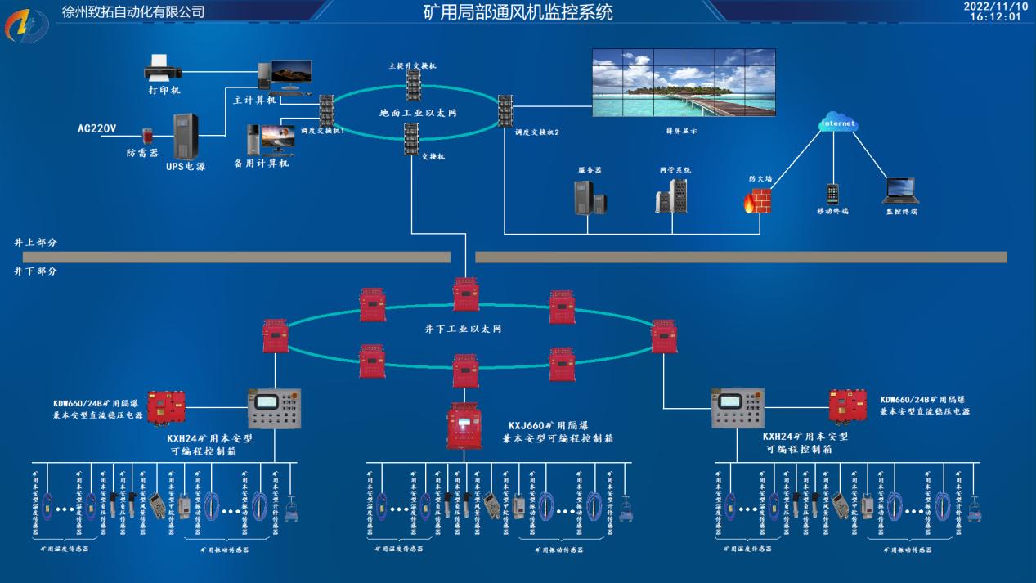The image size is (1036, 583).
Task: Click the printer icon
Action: (158, 67)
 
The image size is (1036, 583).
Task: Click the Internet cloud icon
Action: (838, 123)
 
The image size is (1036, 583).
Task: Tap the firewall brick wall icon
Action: (757, 200)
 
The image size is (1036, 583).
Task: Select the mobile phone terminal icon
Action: (832, 194)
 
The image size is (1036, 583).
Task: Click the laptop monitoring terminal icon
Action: (900, 191)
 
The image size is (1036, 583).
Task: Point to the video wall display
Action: (684, 83)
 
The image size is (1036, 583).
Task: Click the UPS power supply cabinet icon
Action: (186, 137)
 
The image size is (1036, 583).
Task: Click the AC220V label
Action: (97, 128)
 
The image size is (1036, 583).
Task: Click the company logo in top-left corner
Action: (26, 25)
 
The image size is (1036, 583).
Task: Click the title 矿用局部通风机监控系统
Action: (518, 12)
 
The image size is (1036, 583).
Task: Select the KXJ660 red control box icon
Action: (464, 425)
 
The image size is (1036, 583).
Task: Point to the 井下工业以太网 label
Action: (463, 329)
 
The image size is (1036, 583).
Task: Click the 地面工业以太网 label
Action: (418, 112)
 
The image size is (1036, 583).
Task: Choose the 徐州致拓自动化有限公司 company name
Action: (133, 11)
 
